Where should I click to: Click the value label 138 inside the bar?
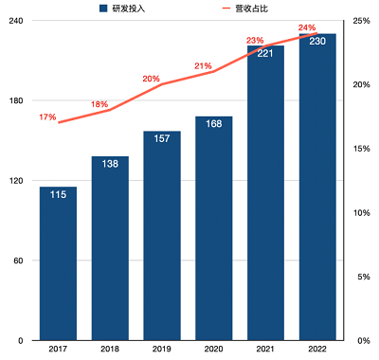click(x=110, y=165)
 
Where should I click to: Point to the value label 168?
click(x=214, y=124)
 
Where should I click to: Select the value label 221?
click(x=266, y=53)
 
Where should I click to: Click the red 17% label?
click(x=47, y=117)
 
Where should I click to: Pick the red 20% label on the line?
click(x=151, y=79)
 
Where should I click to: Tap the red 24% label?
click(x=306, y=27)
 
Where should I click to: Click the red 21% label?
click(x=203, y=66)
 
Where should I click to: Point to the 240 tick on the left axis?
click(x=16, y=21)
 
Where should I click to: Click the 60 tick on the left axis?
click(x=19, y=261)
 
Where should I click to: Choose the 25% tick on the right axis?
click(x=360, y=21)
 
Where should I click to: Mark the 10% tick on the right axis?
click(x=360, y=212)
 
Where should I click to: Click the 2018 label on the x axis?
click(x=110, y=350)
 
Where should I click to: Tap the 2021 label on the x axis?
click(x=266, y=350)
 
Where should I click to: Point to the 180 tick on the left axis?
click(x=16, y=100)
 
